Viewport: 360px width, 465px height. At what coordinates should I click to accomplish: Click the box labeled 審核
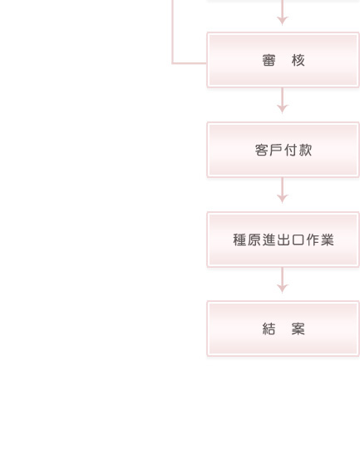pos(283,60)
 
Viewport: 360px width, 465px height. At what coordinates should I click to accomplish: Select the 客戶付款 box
pos(283,150)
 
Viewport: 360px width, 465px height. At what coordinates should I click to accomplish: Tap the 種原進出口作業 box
pos(283,240)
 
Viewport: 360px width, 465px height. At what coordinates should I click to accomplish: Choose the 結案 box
pos(283,329)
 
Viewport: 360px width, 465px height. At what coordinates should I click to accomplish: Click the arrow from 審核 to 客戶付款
pos(283,101)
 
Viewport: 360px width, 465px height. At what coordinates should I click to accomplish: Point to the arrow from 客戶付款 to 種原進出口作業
pos(283,190)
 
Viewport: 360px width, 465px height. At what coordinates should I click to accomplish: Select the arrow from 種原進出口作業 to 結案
pos(283,280)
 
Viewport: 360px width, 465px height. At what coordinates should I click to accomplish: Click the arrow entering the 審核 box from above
pos(283,12)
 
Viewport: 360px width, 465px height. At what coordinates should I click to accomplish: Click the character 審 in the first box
pos(269,60)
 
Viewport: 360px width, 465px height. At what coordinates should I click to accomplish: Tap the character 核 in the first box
pos(298,60)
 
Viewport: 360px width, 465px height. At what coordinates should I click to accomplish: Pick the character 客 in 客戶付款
pos(262,150)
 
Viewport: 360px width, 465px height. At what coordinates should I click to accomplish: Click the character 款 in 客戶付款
pos(305,150)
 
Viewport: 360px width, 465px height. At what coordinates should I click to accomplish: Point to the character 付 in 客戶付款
pos(291,150)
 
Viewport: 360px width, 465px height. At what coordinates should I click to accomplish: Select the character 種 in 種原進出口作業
pos(239,240)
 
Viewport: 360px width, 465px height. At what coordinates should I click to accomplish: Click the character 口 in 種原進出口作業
pos(298,240)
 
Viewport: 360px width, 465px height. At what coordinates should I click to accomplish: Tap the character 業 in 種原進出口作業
pos(327,240)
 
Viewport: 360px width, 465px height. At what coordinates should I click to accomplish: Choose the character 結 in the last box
pos(269,329)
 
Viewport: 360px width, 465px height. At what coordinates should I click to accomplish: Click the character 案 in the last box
pos(298,329)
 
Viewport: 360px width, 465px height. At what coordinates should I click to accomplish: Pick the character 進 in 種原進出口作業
pos(269,240)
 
